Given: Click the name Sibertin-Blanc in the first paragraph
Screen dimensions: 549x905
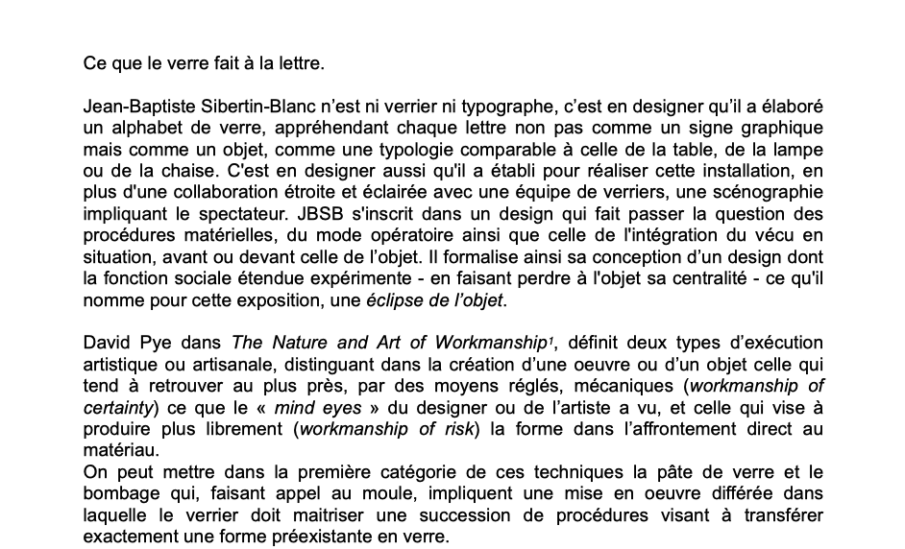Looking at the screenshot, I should [259, 107].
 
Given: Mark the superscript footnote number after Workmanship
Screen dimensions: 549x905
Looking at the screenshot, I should [550, 339].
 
